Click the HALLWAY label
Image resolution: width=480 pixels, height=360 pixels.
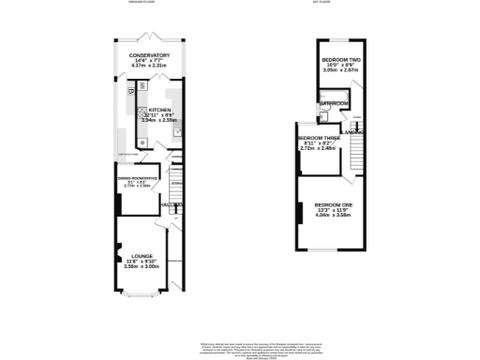click(171, 203)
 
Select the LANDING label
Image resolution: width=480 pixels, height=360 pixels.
click(352, 133)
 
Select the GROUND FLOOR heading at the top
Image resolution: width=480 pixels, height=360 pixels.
click(143, 3)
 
